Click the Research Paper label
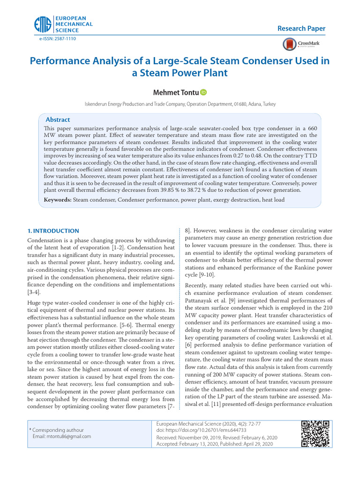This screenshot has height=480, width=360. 301,29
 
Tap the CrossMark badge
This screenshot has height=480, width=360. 298,44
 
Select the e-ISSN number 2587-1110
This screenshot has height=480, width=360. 64,38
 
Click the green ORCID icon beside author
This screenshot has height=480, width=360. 203,92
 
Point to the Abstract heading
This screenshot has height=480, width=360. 58,120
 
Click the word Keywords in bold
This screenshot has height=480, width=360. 58,200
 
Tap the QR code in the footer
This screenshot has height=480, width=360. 315,434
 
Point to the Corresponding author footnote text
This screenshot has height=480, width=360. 58,430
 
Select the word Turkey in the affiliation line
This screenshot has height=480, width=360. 269,104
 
